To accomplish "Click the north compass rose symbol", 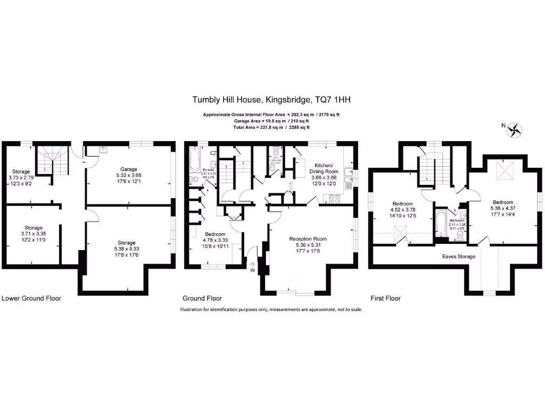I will (x=514, y=129).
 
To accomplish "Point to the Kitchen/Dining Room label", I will (x=324, y=168).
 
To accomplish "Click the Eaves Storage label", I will (x=459, y=256).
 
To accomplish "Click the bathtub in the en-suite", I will (x=194, y=159).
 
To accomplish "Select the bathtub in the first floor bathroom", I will (x=440, y=225).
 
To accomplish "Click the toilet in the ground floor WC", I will (x=275, y=150).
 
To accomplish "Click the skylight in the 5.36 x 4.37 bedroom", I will (x=503, y=170).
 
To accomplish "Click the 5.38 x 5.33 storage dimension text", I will (x=127, y=249).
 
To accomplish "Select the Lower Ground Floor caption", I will (x=31, y=298).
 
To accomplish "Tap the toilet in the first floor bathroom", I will (x=460, y=233).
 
